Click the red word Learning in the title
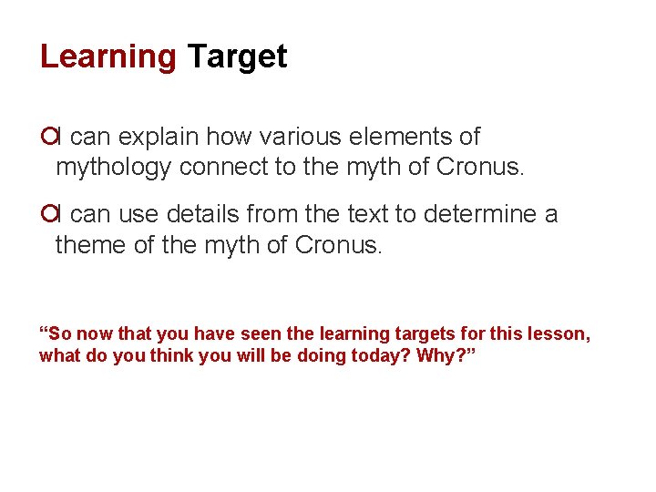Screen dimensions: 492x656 (108, 57)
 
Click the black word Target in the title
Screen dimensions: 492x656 (237, 57)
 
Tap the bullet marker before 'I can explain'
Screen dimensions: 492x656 (47, 138)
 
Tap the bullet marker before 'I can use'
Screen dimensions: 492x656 (47, 215)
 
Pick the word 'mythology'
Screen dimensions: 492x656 (114, 168)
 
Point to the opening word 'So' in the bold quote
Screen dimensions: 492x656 (56, 334)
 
